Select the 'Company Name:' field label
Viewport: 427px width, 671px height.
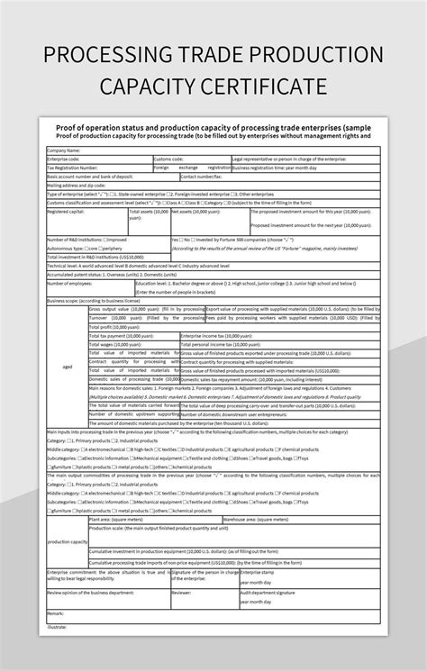[64, 150]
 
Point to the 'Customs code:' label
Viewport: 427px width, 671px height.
[169, 159]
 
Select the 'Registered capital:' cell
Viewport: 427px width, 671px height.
[66, 212]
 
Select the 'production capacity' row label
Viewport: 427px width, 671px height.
[67, 542]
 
